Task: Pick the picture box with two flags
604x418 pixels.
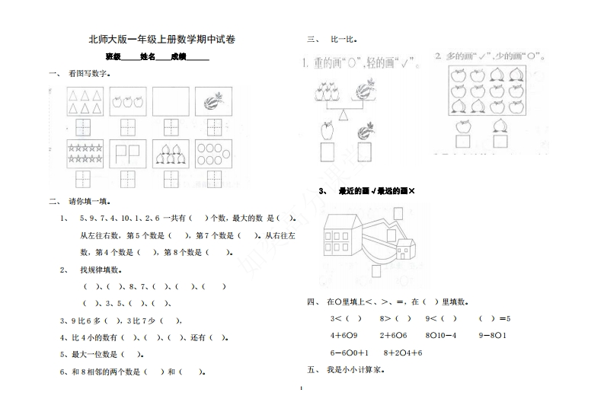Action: coord(128,152)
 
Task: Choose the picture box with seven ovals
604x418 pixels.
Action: coord(214,152)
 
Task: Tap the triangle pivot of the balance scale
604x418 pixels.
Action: coord(342,114)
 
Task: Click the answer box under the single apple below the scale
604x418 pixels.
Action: coord(328,152)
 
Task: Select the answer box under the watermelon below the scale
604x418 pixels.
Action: coord(363,152)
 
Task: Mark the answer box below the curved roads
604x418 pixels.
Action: coord(376,271)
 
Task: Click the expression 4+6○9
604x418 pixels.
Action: coord(344,335)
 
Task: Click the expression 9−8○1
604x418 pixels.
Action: coord(493,335)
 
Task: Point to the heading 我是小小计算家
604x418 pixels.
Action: coord(355,370)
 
